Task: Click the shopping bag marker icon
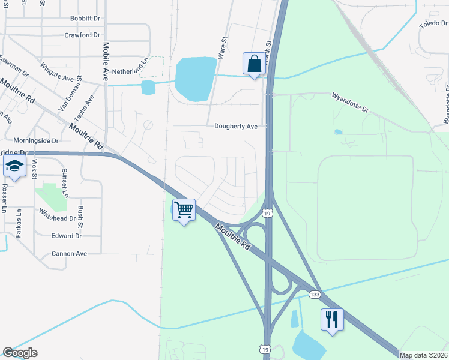(254, 64)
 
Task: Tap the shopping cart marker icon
(184, 210)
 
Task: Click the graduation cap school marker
(14, 167)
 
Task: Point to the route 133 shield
(315, 295)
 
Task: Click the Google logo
(20, 353)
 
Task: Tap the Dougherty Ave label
(236, 127)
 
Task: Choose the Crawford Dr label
(82, 35)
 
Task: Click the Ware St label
(223, 47)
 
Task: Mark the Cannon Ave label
(69, 254)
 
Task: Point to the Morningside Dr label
(36, 140)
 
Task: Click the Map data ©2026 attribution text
(423, 355)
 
